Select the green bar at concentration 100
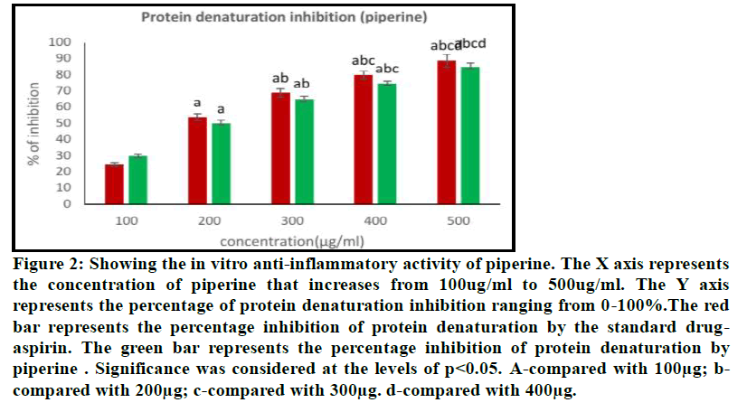click(137, 180)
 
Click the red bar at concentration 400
click(364, 139)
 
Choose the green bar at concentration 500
click(470, 135)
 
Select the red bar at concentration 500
click(447, 132)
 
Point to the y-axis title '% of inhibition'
click(33, 123)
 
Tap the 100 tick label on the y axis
click(59, 42)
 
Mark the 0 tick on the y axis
click(66, 204)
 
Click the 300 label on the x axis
click(292, 220)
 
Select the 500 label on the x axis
click(459, 220)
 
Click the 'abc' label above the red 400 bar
click(363, 61)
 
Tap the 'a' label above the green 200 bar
click(221, 109)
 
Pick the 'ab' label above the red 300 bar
click(280, 79)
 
